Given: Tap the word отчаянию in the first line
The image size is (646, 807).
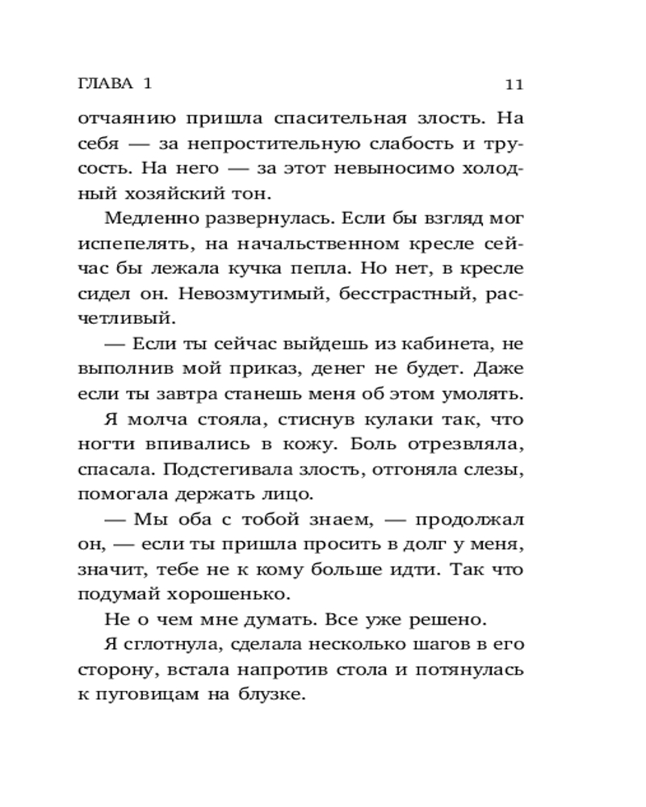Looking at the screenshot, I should (126, 119).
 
